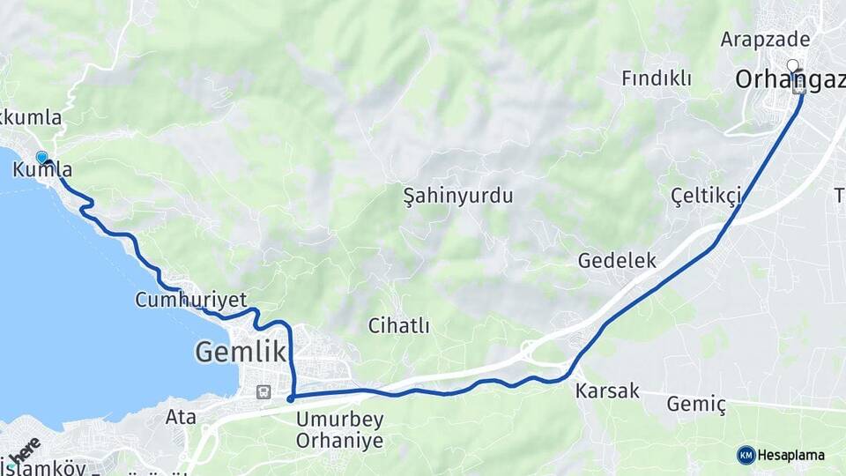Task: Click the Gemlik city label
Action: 241,352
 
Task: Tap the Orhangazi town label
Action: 789,80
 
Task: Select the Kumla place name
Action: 42,169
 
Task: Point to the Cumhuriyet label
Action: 190,300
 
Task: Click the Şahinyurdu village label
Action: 457,196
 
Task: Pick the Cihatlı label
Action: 399,326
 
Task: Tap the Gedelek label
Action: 617,260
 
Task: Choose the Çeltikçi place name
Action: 705,195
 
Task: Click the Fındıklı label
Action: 656,78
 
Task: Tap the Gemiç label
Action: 696,404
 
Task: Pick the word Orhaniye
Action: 339,440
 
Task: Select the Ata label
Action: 181,417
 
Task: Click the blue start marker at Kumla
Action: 41,157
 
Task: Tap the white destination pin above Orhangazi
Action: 792,64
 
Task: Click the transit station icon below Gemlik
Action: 263,392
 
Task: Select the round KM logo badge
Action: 746,455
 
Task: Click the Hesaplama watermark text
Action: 790,455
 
